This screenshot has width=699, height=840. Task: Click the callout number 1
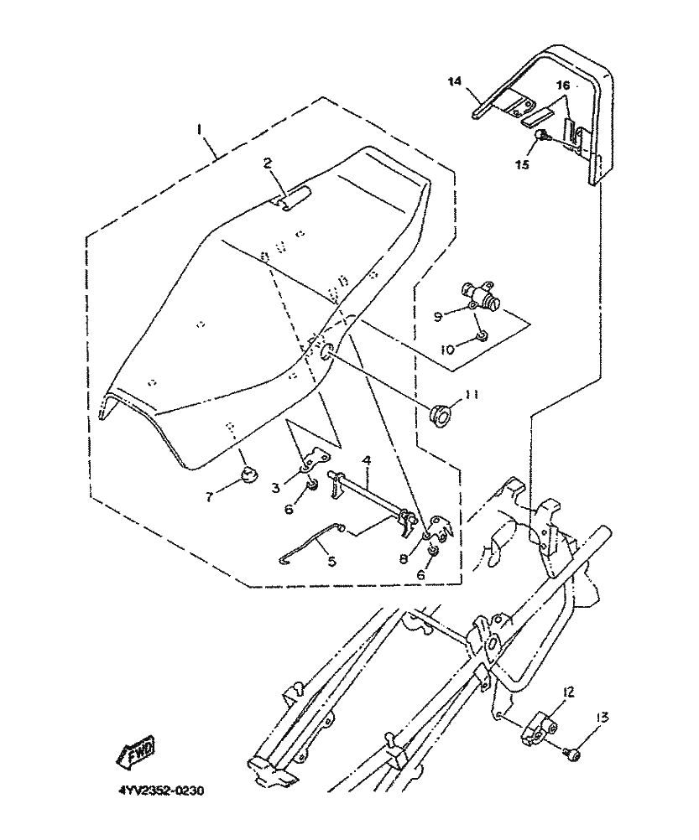tap(199, 130)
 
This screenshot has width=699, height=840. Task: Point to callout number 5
tap(332, 561)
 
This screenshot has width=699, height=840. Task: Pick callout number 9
tap(438, 317)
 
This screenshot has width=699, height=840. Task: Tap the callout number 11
tap(472, 394)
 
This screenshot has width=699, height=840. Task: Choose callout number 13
tap(602, 717)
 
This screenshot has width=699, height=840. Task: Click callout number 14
tap(455, 81)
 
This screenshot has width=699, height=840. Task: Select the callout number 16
tap(562, 86)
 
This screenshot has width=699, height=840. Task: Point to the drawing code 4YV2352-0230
tap(161, 791)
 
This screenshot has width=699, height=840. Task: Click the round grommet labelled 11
tap(439, 417)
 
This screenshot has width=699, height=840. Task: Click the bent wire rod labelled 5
tap(314, 542)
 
